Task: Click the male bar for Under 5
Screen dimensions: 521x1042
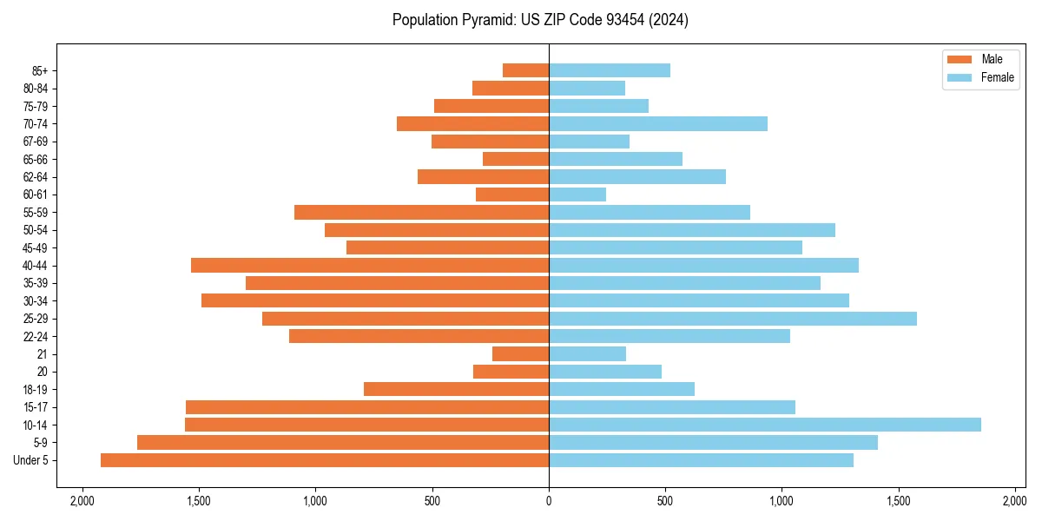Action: pos(325,460)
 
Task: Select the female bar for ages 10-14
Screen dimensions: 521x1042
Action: pos(765,425)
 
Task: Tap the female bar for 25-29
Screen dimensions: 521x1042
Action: pos(733,319)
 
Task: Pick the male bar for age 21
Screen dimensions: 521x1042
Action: pos(521,354)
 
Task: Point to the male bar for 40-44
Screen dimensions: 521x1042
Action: pos(370,266)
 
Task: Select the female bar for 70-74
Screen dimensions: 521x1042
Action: pos(658,124)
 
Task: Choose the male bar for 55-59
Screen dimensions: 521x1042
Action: pos(421,213)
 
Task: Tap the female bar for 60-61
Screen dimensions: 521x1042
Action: pos(577,195)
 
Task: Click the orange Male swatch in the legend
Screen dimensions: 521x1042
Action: pos(960,59)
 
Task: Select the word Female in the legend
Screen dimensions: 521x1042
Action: pos(998,77)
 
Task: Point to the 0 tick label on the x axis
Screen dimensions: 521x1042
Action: pos(549,501)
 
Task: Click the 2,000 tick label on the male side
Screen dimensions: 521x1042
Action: pos(82,501)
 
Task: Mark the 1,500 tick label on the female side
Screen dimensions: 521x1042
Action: pos(899,501)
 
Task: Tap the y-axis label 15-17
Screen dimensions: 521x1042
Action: pos(36,407)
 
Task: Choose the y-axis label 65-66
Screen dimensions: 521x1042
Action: pos(36,160)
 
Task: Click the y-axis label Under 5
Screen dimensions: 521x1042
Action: pos(31,460)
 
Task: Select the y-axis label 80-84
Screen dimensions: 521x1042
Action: pos(36,89)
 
